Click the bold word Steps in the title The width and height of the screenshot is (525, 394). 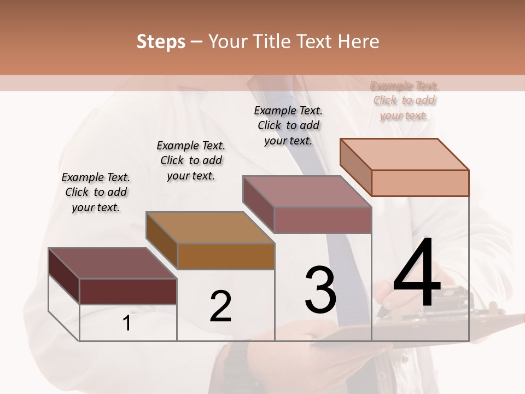click(161, 42)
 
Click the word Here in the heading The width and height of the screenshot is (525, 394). click(359, 42)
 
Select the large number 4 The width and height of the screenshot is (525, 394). click(417, 274)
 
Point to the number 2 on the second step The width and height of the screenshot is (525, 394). click(220, 306)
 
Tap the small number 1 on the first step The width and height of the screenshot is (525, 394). click(127, 323)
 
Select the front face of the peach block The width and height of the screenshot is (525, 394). click(420, 183)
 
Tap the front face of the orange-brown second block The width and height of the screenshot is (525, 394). click(226, 256)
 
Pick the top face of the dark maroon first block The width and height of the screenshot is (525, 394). click(113, 263)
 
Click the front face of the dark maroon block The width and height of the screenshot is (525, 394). click(128, 291)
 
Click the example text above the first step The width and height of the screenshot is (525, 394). click(96, 192)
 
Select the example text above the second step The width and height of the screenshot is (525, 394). click(191, 160)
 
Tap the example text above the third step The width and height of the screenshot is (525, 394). click(288, 125)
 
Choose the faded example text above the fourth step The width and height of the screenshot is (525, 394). click(405, 100)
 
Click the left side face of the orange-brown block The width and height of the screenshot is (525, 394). click(162, 241)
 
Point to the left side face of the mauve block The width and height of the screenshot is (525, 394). click(258, 204)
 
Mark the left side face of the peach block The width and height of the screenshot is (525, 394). click(355, 167)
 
